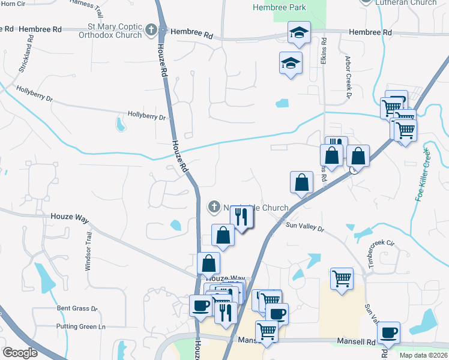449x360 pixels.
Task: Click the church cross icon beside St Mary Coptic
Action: (151, 29)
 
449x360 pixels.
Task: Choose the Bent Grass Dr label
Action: (77, 308)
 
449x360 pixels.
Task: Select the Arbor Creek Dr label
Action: (348, 77)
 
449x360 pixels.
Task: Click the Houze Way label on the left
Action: (70, 216)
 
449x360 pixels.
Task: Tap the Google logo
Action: (19, 353)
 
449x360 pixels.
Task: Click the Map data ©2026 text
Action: (424, 355)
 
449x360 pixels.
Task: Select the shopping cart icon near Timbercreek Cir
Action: (341, 278)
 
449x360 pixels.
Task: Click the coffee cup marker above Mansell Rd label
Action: (388, 332)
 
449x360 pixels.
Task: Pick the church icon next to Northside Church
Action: (213, 208)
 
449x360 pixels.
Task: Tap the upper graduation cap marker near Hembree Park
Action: (298, 33)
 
